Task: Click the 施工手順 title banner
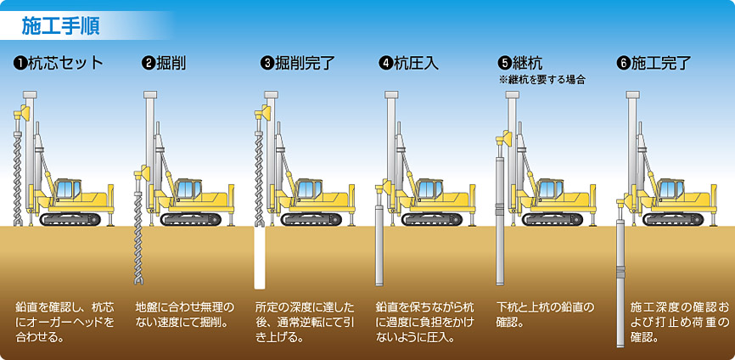tap(60, 25)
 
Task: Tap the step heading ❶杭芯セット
tap(59, 63)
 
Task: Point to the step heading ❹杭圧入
tap(409, 63)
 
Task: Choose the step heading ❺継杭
tap(520, 63)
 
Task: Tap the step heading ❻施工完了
tap(654, 63)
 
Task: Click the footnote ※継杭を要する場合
tap(543, 79)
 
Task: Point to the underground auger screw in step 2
tap(139, 255)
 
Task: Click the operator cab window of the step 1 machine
tap(68, 188)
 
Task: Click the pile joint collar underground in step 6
tap(621, 272)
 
